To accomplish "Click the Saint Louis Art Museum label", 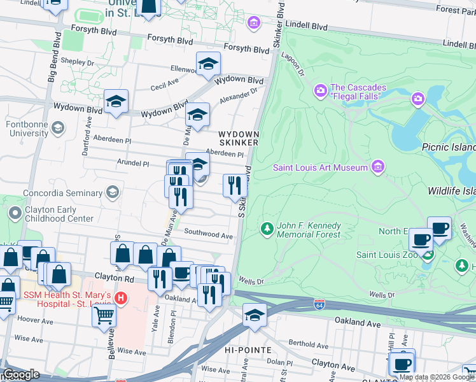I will pyautogui.click(x=321, y=167).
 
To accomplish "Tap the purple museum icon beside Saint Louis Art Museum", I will pyautogui.click(x=378, y=167).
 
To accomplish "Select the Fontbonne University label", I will pyautogui.click(x=27, y=129).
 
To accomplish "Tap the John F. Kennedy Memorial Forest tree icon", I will pyautogui.click(x=267, y=228).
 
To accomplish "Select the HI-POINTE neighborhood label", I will pyautogui.click(x=248, y=350).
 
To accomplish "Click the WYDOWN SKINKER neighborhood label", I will pyautogui.click(x=238, y=138).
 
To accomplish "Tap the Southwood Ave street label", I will pyautogui.click(x=209, y=235).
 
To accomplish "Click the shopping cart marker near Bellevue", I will pyautogui.click(x=104, y=315).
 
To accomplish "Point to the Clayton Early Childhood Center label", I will pyautogui.click(x=58, y=213).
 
